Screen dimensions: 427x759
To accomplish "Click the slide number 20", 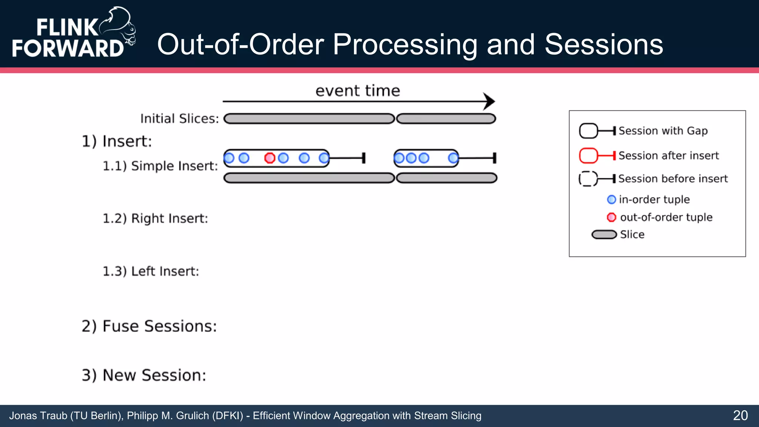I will [740, 416].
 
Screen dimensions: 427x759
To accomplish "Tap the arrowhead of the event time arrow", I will [489, 101].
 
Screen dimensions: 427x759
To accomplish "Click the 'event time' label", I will [358, 91].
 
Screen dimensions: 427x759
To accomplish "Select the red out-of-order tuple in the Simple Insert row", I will [269, 158].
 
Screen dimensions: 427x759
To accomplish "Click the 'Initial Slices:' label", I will [179, 119].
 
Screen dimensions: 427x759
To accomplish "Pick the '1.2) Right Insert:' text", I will [155, 218].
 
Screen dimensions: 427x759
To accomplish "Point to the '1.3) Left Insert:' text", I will [150, 271].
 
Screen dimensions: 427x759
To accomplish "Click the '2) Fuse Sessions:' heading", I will [149, 326].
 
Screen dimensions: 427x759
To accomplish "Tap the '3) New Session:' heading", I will [144, 375].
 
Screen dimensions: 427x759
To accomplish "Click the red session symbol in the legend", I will [589, 156].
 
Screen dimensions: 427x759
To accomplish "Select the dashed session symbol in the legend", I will [588, 179].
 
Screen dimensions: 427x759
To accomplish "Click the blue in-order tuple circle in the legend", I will [611, 199].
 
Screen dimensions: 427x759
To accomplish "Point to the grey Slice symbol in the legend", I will [604, 235].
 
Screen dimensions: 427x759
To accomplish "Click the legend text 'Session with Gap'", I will [663, 131].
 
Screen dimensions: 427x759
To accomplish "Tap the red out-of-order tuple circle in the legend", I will [611, 217].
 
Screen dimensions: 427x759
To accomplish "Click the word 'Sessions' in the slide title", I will [604, 44].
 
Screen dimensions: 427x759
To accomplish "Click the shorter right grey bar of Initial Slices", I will [446, 119].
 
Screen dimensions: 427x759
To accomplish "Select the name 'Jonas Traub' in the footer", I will [38, 416].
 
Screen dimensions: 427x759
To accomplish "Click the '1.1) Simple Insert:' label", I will [160, 166].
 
